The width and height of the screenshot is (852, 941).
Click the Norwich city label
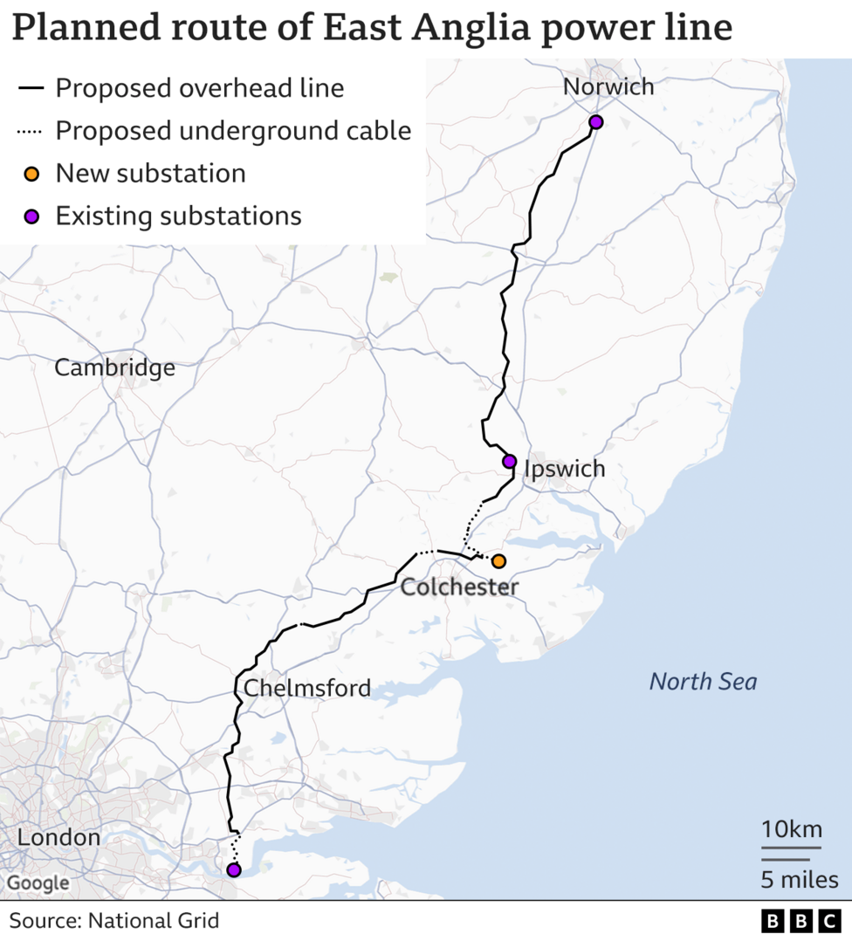[x=608, y=86]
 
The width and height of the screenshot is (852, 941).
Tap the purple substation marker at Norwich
[x=595, y=121]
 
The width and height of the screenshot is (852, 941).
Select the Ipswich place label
[x=564, y=469]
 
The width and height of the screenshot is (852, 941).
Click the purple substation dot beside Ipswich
[x=510, y=461]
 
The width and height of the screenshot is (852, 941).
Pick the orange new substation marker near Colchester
[x=498, y=560]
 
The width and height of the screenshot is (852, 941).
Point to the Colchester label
[x=459, y=587]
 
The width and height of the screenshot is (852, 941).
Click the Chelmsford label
[x=306, y=688]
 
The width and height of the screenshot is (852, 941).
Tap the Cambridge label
[x=114, y=368]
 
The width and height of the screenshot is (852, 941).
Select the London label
[x=58, y=838]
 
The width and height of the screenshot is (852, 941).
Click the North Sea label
[x=703, y=682]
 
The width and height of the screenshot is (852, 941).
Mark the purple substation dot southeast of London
[x=233, y=869]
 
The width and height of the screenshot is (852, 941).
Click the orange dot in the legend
[x=31, y=174]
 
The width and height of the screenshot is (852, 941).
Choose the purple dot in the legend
[x=31, y=216]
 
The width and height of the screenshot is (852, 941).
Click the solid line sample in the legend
[x=31, y=88]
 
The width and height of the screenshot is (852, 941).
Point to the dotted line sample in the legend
[x=31, y=132]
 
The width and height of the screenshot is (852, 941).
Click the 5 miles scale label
[x=799, y=879]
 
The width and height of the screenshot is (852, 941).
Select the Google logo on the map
[x=38, y=883]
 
